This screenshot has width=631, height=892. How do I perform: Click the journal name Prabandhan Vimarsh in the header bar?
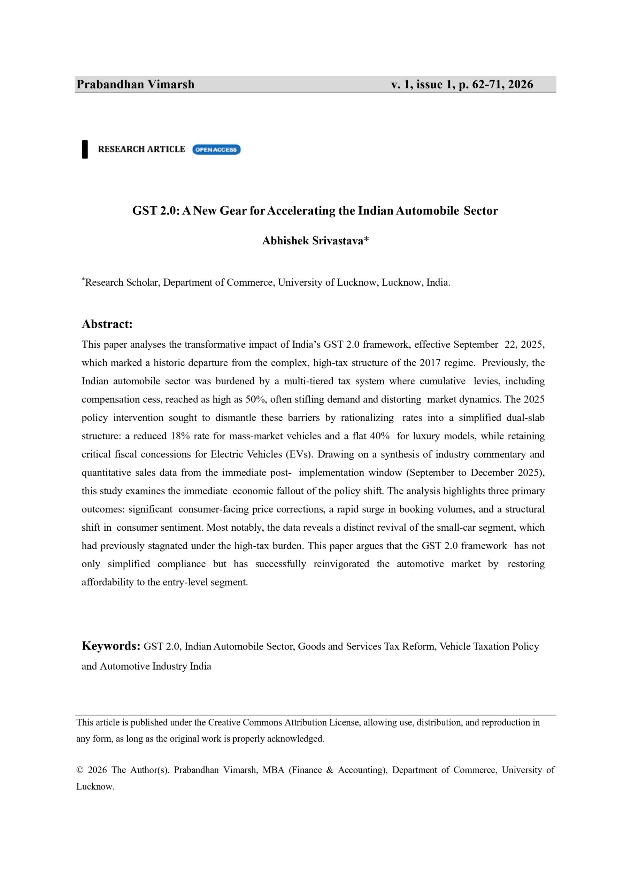[x=135, y=84]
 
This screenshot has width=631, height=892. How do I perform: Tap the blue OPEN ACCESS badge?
[x=216, y=149]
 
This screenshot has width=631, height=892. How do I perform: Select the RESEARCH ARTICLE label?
[x=141, y=149]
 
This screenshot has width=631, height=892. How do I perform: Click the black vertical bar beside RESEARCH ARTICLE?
[x=85, y=149]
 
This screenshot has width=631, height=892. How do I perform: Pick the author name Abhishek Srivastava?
[x=313, y=241]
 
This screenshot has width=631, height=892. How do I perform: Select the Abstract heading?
[x=107, y=324]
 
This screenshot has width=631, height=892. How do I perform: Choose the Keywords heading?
[x=111, y=646]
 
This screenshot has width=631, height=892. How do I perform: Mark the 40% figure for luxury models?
[x=379, y=436]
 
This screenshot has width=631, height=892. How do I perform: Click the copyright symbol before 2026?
[x=80, y=770]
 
